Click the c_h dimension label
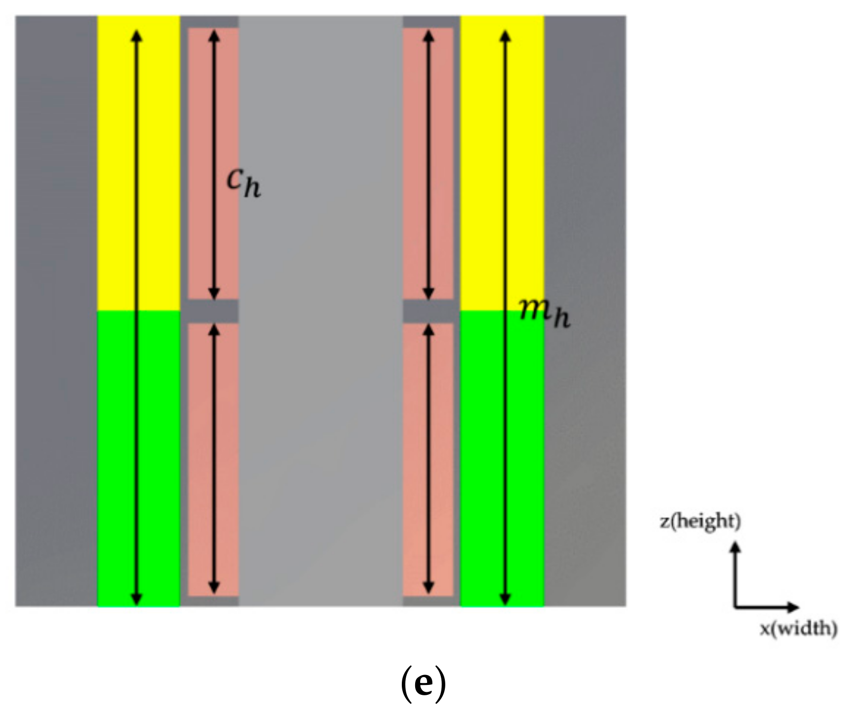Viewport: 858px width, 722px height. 244,183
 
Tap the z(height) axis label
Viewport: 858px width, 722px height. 700,521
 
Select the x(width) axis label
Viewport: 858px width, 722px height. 798,629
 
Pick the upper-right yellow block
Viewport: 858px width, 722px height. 524,163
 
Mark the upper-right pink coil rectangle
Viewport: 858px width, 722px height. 440,163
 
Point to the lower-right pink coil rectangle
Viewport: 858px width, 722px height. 440,460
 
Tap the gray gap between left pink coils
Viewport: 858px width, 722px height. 213,312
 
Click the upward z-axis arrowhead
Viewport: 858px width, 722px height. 735,546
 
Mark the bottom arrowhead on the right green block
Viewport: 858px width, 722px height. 505,600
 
